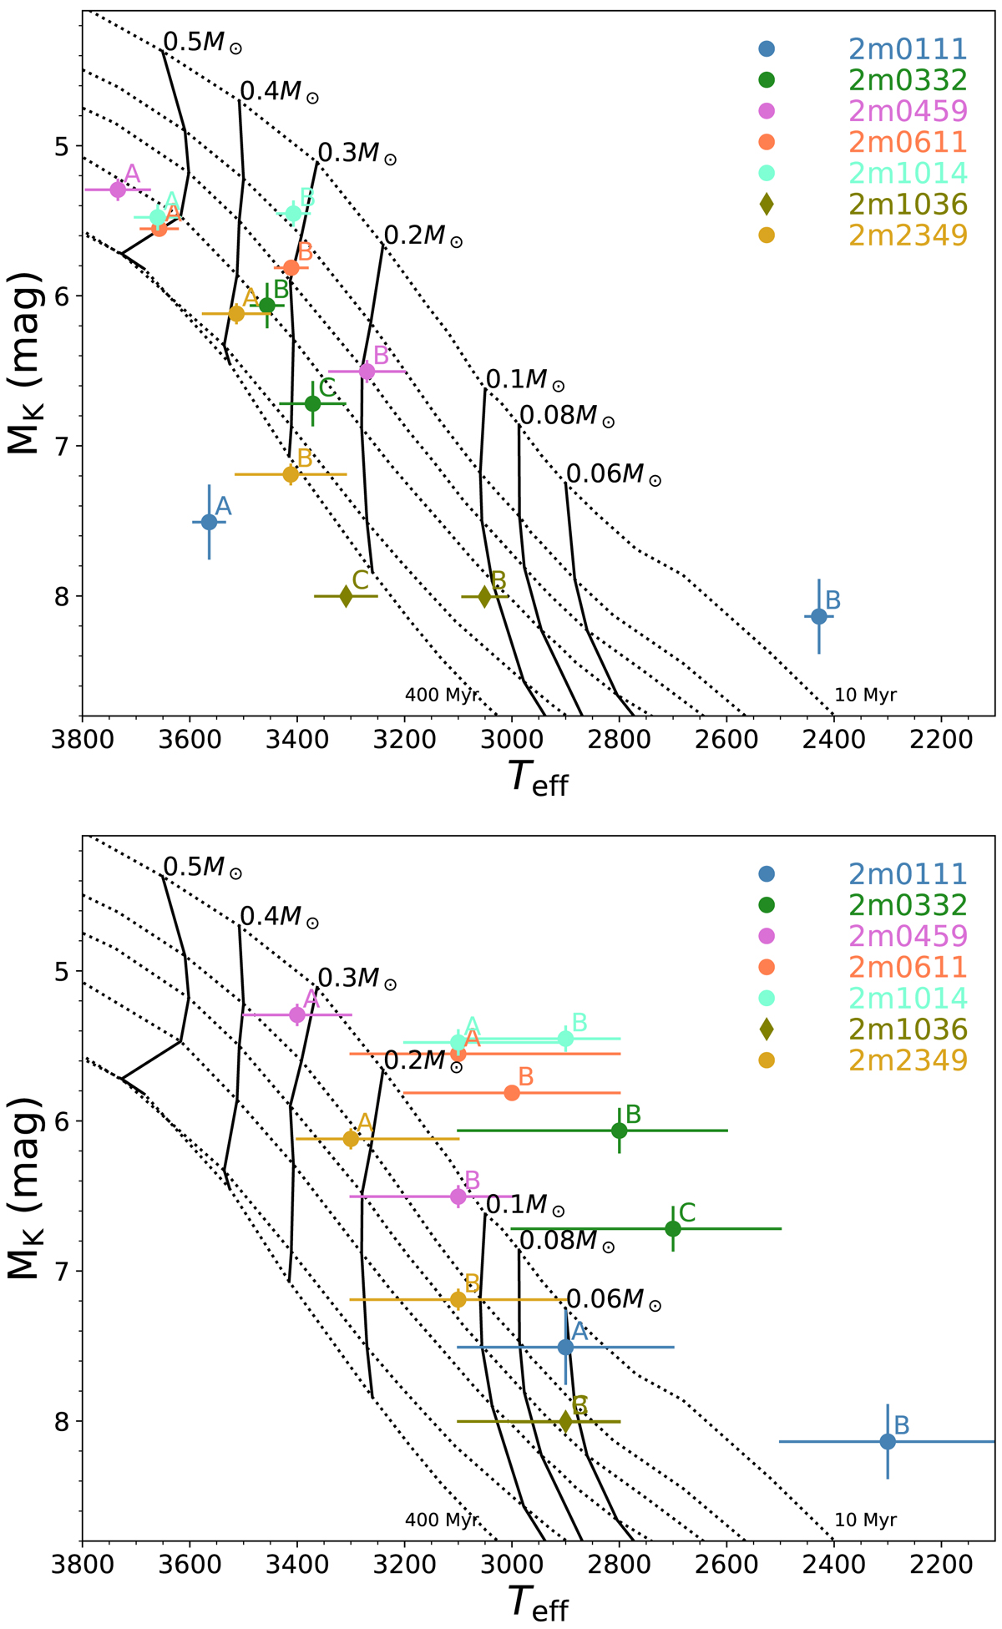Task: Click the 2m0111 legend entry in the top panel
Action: coord(908,49)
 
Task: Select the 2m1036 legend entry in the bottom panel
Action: coord(908,1029)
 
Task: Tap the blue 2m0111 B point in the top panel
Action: coord(819,616)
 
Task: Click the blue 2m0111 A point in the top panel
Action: coord(210,522)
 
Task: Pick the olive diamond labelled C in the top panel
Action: coord(346,596)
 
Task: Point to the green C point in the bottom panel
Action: coord(673,1228)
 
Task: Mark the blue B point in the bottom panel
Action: coord(888,1441)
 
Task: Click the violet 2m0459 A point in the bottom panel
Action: coord(297,1014)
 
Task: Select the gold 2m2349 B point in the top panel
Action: coord(291,474)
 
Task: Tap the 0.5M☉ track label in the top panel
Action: coord(202,43)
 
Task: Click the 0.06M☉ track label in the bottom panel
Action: coord(614,1299)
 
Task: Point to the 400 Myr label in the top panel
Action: coord(442,695)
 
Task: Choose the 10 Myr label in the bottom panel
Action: coord(866,1520)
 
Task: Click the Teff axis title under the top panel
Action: coord(539,781)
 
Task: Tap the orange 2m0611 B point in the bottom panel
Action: coord(513,1092)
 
